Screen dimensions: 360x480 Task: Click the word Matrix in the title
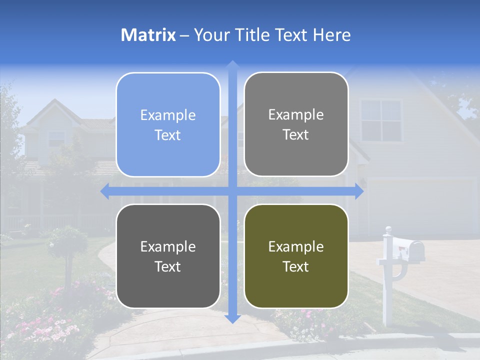point(148,35)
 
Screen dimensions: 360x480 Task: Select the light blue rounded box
point(168,125)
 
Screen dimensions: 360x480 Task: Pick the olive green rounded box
point(296,256)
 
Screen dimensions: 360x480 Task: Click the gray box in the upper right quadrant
point(296,124)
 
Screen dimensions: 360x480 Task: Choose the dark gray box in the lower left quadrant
point(168,256)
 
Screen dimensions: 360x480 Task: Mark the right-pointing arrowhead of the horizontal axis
point(359,191)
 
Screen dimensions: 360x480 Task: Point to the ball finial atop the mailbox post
point(387,230)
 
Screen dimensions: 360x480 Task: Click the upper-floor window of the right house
point(381,120)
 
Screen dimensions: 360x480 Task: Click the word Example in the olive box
point(296,246)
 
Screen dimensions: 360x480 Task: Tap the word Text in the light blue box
point(168,135)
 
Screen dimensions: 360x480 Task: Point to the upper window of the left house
point(56,137)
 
